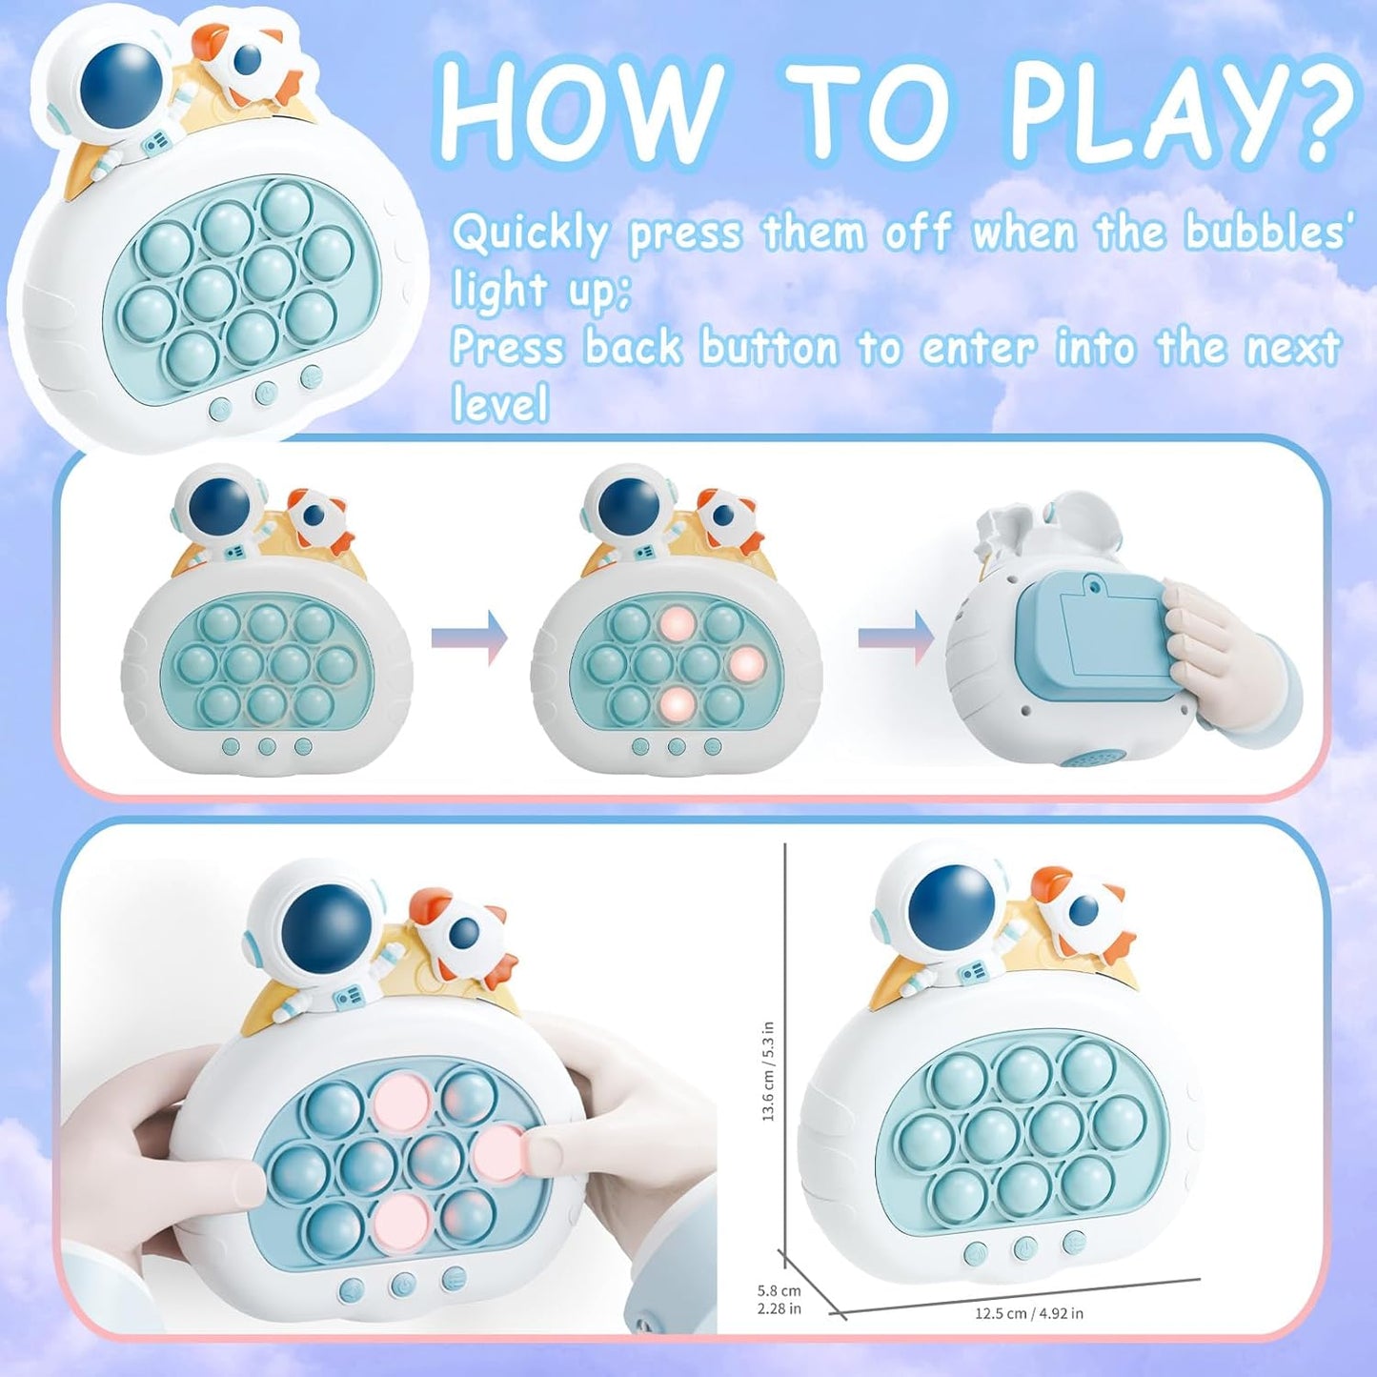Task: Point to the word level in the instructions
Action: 500,403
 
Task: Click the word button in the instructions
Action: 770,347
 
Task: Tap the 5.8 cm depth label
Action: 780,1290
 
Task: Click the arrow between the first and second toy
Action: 470,638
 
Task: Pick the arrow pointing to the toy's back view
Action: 897,638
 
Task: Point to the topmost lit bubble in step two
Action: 677,623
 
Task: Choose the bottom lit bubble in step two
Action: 678,704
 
